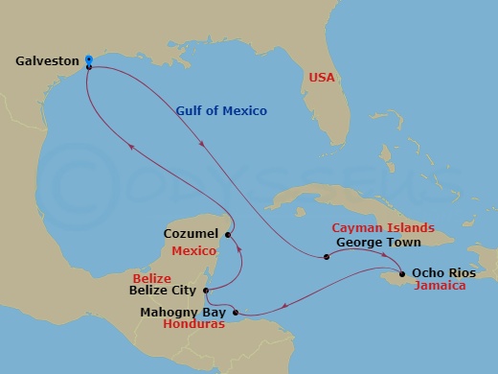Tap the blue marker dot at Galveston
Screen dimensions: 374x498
click(88, 59)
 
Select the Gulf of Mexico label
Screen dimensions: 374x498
click(221, 111)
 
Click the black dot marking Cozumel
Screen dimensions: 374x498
click(228, 234)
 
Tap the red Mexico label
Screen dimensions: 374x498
click(195, 250)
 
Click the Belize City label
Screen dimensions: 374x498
click(162, 290)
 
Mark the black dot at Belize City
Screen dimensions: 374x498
click(208, 290)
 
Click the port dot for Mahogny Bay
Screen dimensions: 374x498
click(236, 312)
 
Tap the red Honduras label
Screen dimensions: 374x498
click(194, 325)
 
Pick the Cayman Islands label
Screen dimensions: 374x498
click(383, 228)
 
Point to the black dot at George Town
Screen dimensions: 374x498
click(326, 256)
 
